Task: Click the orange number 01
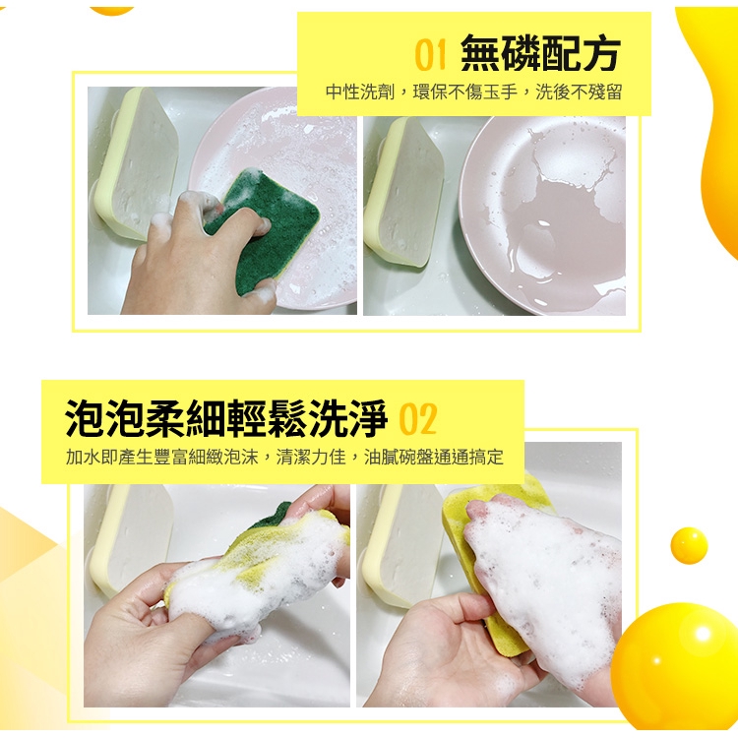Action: tap(430, 54)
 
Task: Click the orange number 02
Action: tap(418, 418)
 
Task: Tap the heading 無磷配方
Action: tap(540, 53)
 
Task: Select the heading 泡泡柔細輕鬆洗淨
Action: tap(226, 417)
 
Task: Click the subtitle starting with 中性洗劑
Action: tap(474, 92)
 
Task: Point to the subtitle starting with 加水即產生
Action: tap(284, 457)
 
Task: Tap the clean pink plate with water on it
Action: tap(542, 215)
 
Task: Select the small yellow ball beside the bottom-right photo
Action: tap(689, 545)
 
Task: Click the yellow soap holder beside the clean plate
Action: tap(403, 191)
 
